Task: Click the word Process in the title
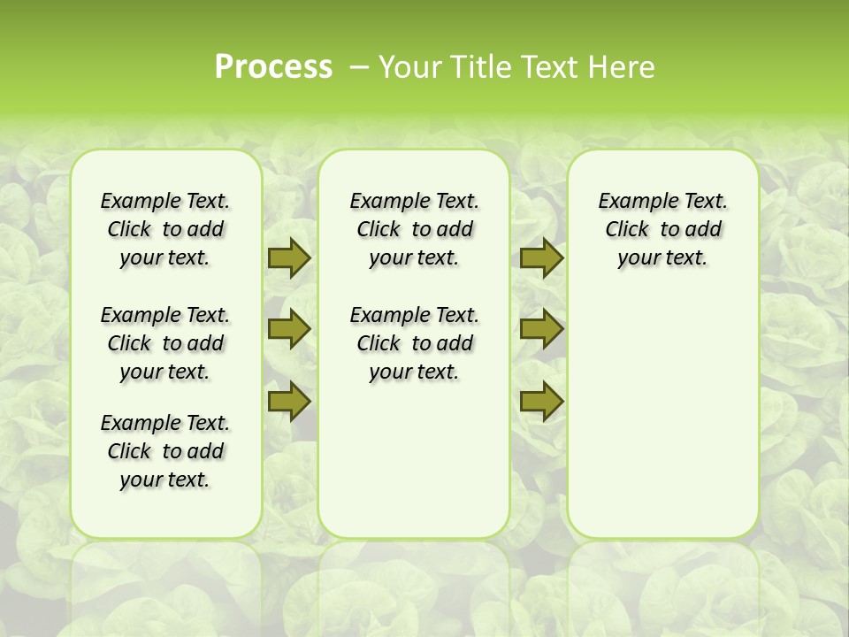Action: [273, 66]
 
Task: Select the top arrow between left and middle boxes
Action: [289, 257]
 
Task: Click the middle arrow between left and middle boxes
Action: [289, 329]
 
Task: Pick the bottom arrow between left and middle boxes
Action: [289, 402]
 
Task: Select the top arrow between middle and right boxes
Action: [541, 257]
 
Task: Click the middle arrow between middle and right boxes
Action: [541, 329]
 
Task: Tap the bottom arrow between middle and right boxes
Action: [541, 402]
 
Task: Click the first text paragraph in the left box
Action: [165, 229]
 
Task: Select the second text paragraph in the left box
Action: [165, 343]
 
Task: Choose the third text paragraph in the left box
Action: [165, 451]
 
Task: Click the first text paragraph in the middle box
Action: [414, 229]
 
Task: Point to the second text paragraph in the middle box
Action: [414, 343]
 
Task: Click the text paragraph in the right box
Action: [662, 229]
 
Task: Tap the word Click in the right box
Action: [627, 230]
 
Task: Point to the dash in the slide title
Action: [359, 67]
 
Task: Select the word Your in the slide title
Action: [409, 66]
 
